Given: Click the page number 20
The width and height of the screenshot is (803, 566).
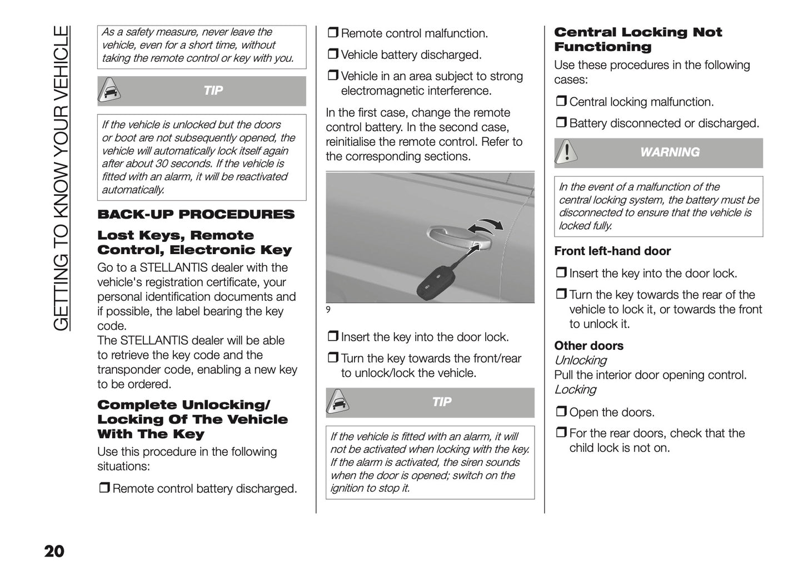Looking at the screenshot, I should click(54, 551).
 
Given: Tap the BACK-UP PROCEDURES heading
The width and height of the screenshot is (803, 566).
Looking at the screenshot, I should click(196, 215).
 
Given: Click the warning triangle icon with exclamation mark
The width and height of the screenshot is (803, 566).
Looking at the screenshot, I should click(567, 152).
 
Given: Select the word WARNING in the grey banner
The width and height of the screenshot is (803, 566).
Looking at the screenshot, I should click(670, 152).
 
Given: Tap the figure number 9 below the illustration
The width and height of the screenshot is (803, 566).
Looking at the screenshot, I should click(328, 310).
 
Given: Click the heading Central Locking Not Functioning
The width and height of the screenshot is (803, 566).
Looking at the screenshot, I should click(637, 39).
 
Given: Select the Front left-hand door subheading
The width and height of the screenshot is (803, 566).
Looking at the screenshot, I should click(612, 251).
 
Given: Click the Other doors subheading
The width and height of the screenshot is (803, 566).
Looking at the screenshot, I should click(588, 346).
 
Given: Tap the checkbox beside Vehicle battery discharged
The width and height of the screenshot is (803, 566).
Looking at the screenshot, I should click(332, 54).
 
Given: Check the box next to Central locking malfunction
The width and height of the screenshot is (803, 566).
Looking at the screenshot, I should click(561, 102).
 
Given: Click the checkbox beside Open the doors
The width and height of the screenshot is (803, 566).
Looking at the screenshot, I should click(561, 412).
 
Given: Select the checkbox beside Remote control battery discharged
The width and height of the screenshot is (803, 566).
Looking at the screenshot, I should click(104, 488).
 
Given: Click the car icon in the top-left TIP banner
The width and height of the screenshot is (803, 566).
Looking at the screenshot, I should click(110, 91).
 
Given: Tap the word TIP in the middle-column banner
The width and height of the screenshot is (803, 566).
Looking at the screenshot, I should click(442, 402).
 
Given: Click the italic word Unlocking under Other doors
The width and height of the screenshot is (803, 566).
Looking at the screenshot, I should click(580, 360).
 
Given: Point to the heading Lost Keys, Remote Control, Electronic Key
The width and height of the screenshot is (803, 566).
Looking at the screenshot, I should click(194, 243).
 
